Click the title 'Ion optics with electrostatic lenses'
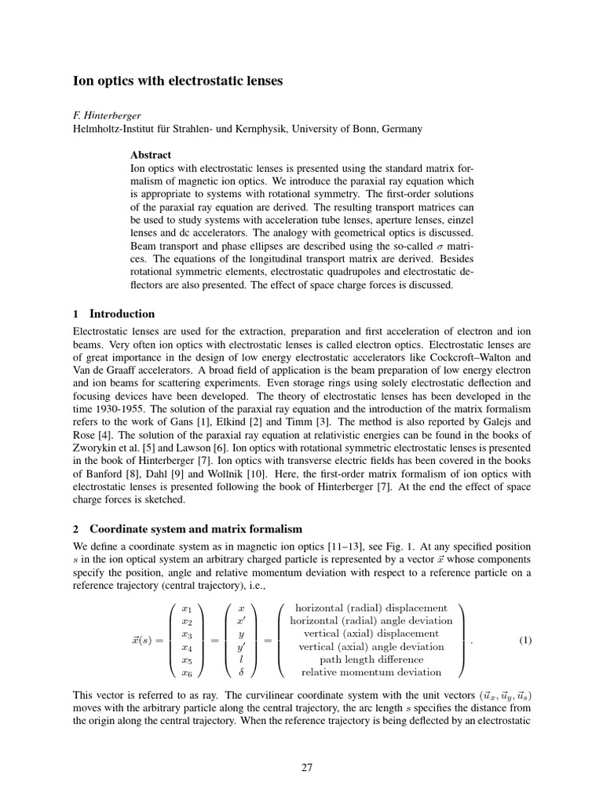(178, 80)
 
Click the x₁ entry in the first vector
(186, 608)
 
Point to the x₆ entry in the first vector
(186, 672)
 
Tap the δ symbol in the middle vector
(241, 672)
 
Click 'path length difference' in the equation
(371, 660)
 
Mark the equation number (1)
(525, 640)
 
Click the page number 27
(307, 767)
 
